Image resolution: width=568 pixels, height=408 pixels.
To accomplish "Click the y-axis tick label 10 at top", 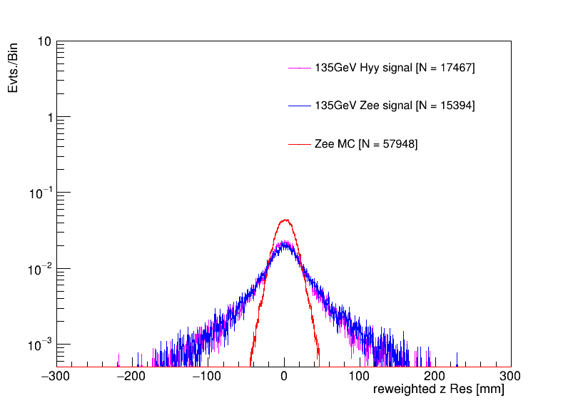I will click(44, 42).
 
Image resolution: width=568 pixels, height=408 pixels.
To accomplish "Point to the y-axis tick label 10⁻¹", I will click(40, 193).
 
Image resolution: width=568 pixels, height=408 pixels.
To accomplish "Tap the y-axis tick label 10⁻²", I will click(40, 268).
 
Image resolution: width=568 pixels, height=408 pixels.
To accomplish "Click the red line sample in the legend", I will click(300, 144).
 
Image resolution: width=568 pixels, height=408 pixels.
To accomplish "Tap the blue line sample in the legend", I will click(300, 106).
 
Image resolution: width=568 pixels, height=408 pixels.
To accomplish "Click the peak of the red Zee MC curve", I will click(285, 220).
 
